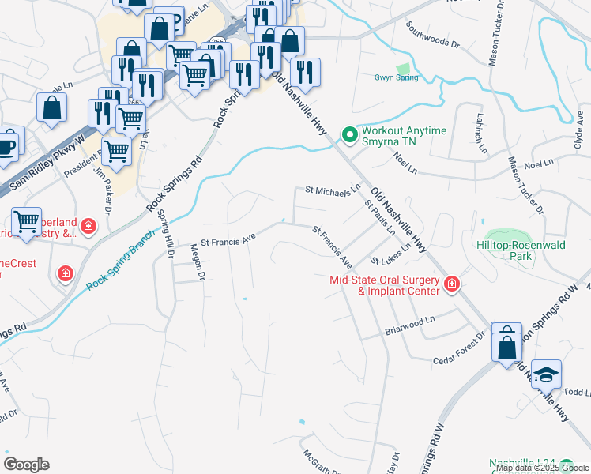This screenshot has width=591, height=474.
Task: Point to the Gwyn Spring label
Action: point(396,77)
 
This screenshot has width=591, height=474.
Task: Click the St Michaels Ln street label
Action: point(333,190)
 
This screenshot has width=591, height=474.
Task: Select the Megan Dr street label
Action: point(198,264)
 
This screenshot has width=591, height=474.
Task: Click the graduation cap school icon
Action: point(546,374)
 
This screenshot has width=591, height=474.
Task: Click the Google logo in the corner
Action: point(26,465)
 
